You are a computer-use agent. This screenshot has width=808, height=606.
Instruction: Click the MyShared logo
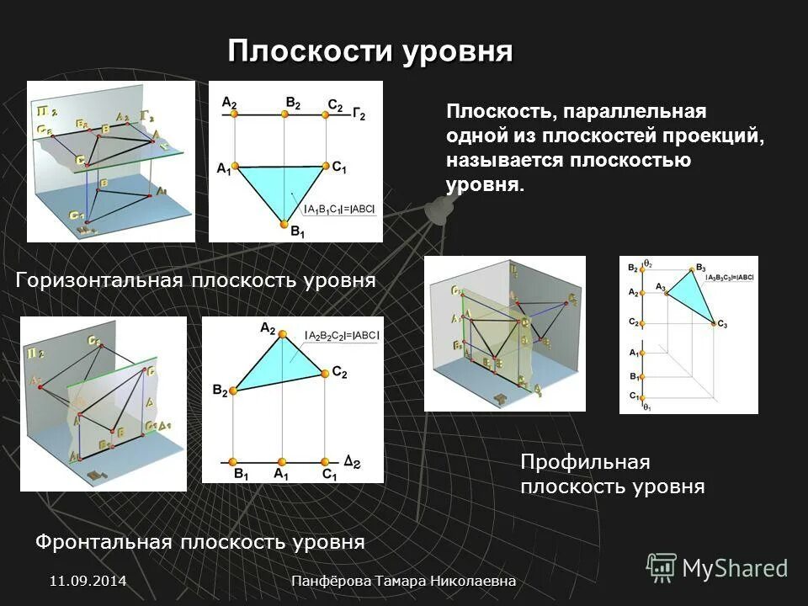click(717, 568)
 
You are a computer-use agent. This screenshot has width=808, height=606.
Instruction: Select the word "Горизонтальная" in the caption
click(98, 280)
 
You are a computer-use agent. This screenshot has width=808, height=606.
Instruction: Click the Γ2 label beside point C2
click(359, 113)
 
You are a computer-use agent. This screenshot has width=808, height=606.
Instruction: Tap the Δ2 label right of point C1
click(353, 460)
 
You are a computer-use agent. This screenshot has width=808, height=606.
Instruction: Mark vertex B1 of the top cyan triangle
click(284, 224)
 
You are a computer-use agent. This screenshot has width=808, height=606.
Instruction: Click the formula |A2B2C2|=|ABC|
click(343, 335)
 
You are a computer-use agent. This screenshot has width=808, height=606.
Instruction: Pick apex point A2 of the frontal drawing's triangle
click(283, 335)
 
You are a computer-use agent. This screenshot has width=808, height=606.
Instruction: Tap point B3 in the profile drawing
click(695, 268)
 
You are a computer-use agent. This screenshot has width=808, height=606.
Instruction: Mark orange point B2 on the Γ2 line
click(284, 114)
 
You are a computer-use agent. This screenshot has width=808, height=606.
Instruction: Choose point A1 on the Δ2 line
click(281, 462)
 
